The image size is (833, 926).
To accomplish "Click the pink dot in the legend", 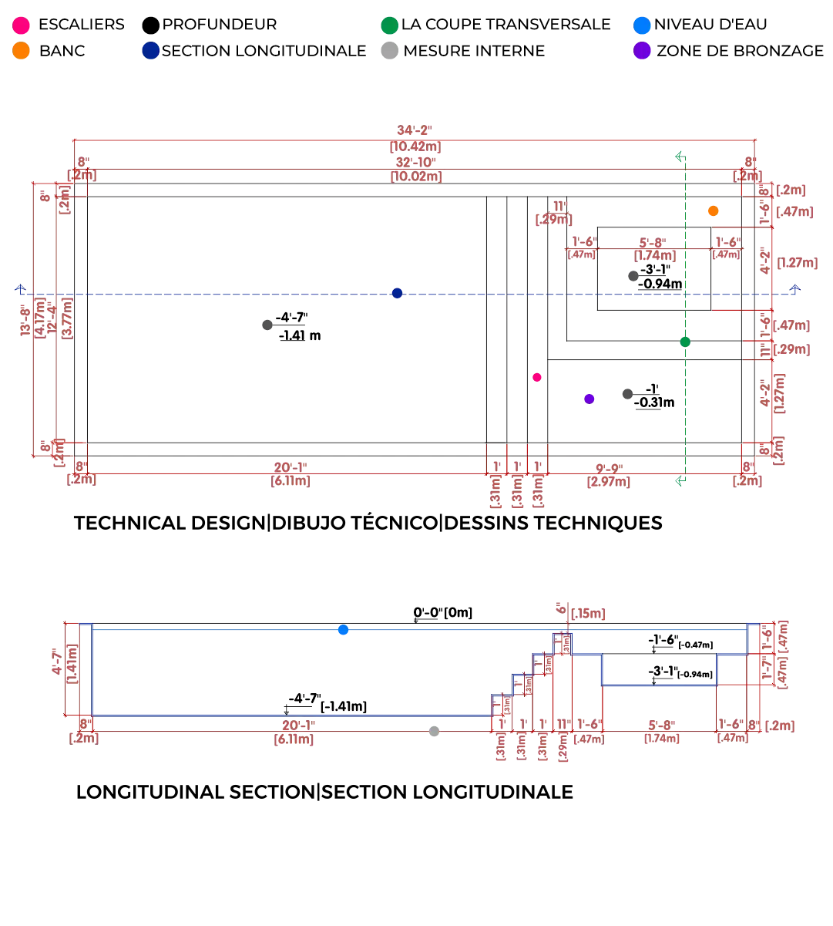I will tap(22, 25).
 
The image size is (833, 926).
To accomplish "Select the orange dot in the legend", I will tap(22, 52).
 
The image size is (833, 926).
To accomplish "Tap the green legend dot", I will tap(390, 25).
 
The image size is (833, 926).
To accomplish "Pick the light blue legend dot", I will tap(642, 25).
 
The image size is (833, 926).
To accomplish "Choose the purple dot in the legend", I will tap(642, 52).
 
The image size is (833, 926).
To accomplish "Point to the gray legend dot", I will tap(390, 52).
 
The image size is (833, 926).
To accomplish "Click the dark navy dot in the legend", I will tap(151, 52).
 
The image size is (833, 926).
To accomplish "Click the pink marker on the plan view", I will tap(537, 377).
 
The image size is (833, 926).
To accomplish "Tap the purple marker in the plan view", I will tap(589, 399).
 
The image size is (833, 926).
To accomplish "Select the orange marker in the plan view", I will tap(714, 210).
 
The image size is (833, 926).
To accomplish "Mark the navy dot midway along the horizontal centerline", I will tap(397, 293).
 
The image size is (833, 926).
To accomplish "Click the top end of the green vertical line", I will tap(679, 156).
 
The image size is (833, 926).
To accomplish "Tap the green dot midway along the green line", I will tap(684, 342).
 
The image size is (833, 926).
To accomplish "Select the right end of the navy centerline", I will tap(795, 290).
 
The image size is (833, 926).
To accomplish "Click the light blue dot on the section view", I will tap(344, 630).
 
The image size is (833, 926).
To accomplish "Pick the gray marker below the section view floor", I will tap(435, 732).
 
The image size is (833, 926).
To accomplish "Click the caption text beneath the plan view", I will tap(366, 521).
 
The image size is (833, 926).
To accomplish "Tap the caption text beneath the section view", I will tap(324, 792).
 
